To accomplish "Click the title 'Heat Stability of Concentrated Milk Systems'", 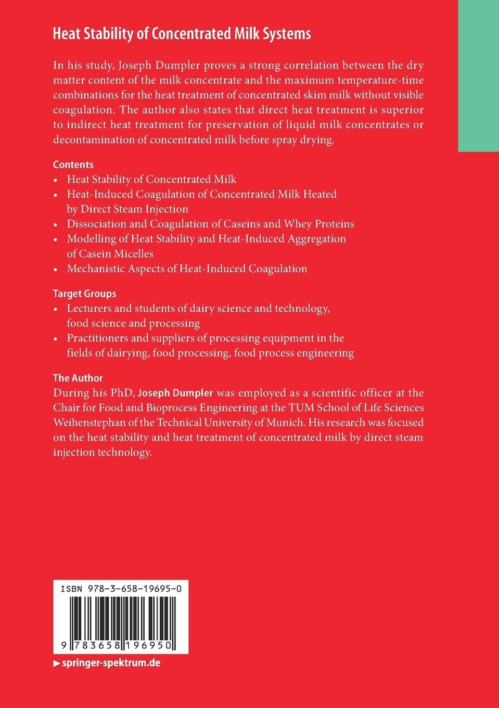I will (182, 34).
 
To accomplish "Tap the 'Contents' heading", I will (73, 165).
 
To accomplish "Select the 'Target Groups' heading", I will (84, 294).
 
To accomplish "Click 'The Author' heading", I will (78, 378).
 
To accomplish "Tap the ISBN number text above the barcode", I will (121, 589).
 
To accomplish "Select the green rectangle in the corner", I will (478, 75).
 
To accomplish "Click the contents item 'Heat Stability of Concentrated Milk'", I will (151, 180).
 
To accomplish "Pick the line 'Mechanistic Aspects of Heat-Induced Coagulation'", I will (187, 269).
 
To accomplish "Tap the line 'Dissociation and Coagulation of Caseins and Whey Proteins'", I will (210, 224).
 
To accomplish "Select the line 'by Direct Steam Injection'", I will (127, 209).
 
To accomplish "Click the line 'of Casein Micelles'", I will (110, 254).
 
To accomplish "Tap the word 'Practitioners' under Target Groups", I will (97, 338).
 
